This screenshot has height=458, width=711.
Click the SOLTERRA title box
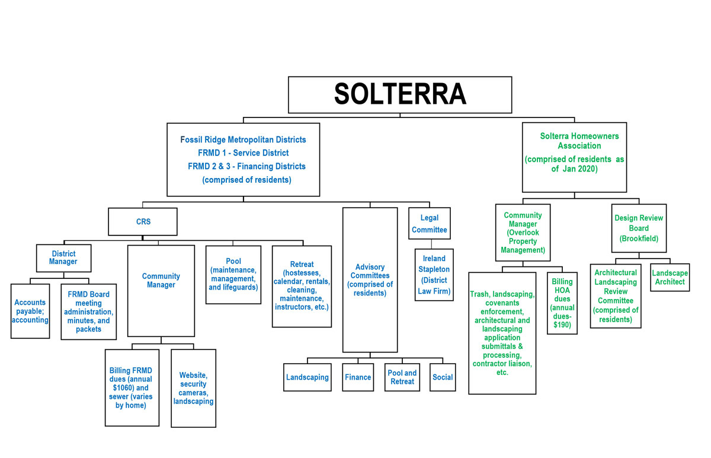400,94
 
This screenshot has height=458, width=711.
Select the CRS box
143,222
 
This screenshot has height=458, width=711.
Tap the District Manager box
64,258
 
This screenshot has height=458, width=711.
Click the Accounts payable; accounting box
30,311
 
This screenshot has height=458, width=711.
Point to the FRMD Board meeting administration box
88,311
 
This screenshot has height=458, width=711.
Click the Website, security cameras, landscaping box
193,388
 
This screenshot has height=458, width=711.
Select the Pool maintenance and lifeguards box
233,275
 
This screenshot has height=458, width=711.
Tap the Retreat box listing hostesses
302,286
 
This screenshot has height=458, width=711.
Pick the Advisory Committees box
370,279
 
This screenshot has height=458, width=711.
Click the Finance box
358,377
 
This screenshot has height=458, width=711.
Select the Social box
443,377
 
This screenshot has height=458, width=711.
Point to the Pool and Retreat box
402,377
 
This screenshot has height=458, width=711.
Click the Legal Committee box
430,223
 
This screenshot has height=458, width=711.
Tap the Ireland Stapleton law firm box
434,275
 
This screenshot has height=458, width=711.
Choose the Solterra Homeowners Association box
574,157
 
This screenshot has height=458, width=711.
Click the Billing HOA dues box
562,303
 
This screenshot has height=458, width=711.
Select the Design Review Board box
639,228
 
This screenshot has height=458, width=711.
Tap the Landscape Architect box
670,277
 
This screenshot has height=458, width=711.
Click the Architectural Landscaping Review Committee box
616,297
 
